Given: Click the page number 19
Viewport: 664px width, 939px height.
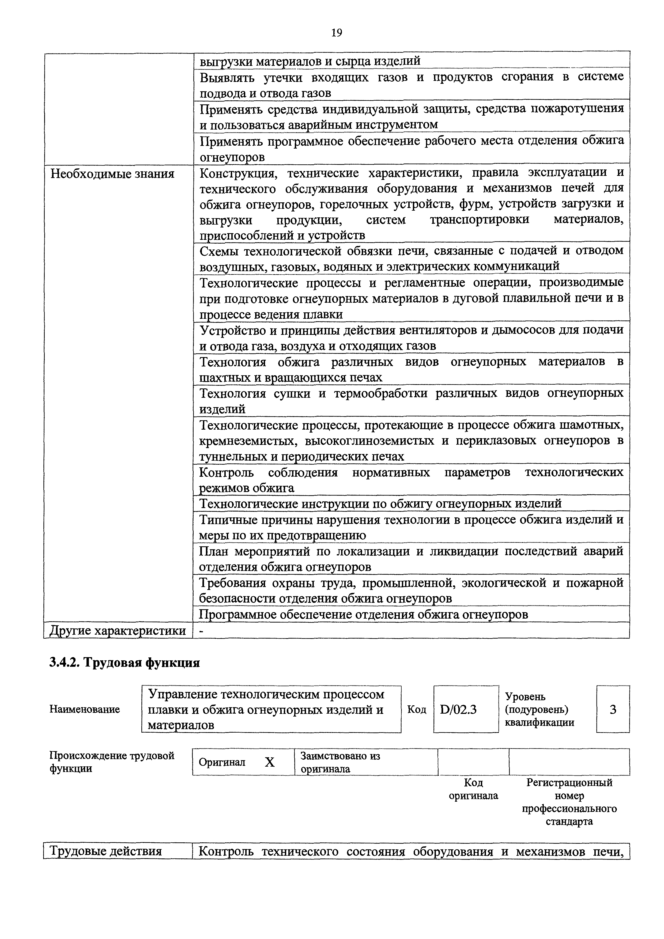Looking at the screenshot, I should click(x=336, y=33).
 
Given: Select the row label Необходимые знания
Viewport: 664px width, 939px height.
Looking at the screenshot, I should click(x=112, y=174).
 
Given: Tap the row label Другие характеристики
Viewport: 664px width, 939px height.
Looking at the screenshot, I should click(x=118, y=631).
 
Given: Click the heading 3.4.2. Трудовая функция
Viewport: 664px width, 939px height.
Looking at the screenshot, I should click(x=125, y=662).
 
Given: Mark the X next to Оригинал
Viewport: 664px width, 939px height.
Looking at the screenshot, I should click(x=270, y=762).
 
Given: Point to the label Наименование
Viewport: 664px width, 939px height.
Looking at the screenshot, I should click(x=85, y=709).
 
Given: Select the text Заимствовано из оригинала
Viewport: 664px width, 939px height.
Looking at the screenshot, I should click(x=340, y=762).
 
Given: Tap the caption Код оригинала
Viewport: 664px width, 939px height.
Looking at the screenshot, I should click(x=473, y=789).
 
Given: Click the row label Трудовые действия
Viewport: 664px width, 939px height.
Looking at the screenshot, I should click(x=105, y=851).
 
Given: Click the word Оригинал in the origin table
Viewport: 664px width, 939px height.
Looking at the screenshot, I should click(x=222, y=762).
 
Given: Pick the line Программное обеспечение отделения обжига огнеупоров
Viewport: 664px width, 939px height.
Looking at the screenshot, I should click(x=363, y=614).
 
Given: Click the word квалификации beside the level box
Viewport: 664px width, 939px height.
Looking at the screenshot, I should click(x=539, y=722).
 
